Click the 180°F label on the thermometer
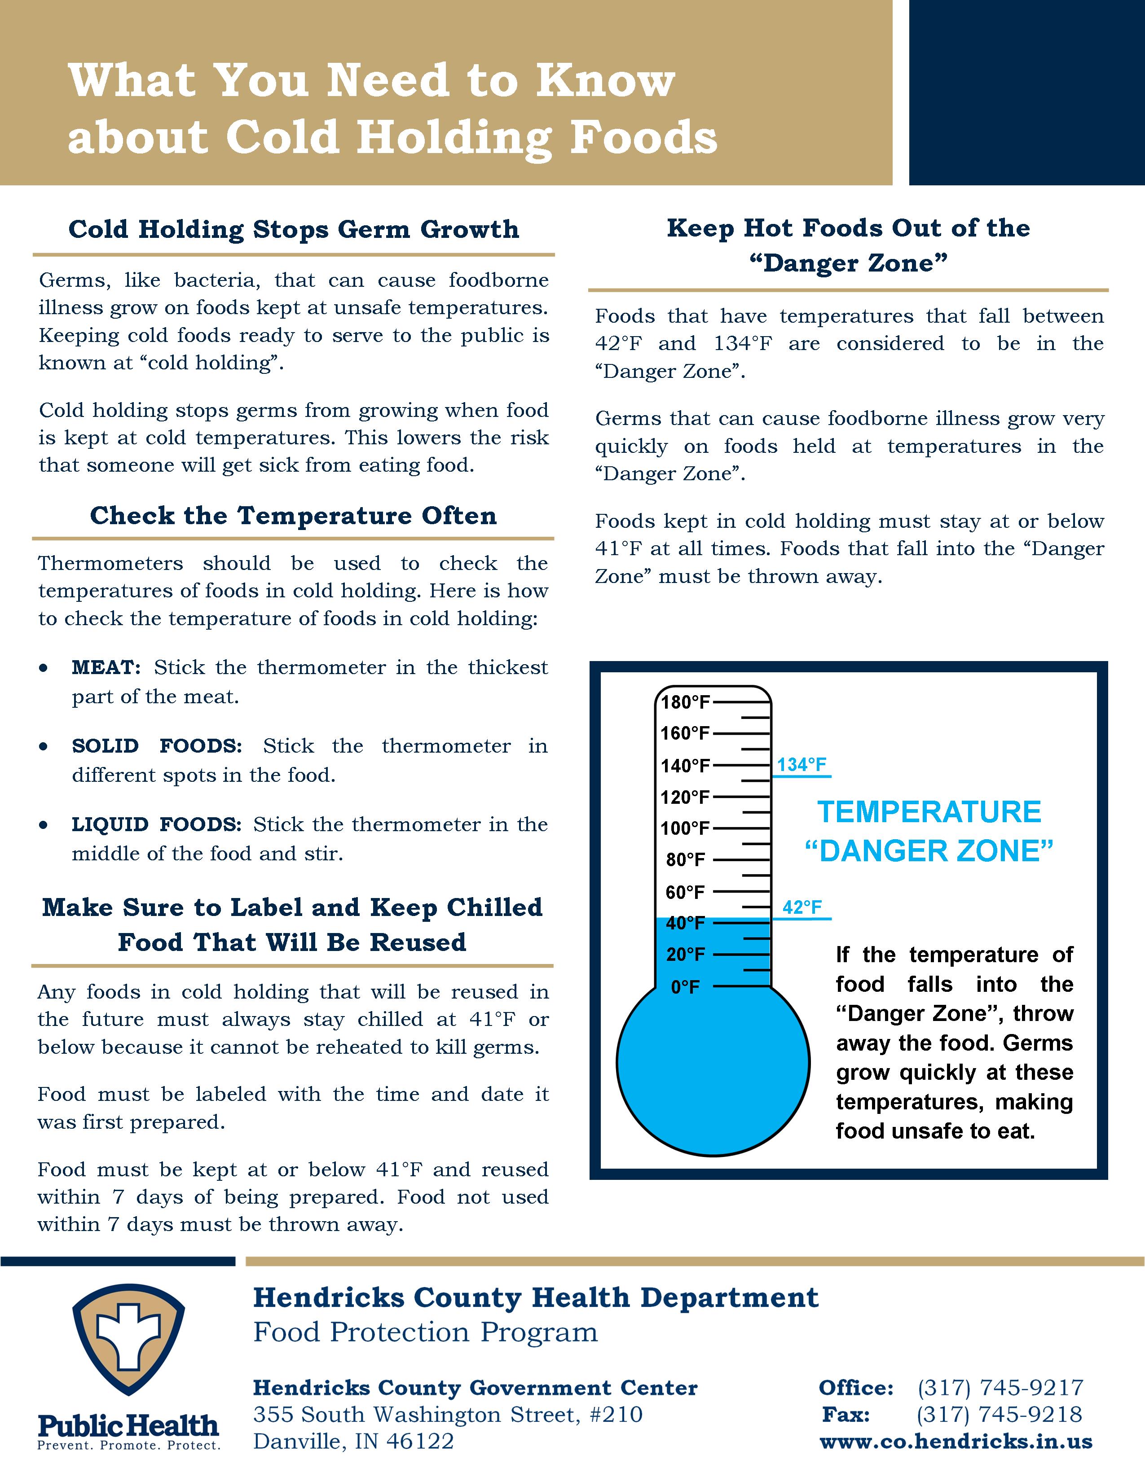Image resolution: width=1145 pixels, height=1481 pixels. (x=685, y=702)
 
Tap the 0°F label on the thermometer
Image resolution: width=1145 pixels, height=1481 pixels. (x=685, y=987)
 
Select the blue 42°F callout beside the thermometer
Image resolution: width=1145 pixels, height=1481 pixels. (x=802, y=907)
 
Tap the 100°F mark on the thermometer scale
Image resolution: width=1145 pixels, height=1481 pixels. (x=685, y=828)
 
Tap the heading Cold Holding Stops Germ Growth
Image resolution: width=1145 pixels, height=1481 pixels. (x=294, y=229)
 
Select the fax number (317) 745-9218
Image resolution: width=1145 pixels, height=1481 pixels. (x=999, y=1415)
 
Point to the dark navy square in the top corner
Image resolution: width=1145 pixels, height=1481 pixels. (x=1026, y=92)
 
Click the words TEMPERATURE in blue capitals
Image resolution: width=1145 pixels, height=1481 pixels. (x=929, y=812)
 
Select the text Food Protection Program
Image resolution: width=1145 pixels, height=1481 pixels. (x=425, y=1332)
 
